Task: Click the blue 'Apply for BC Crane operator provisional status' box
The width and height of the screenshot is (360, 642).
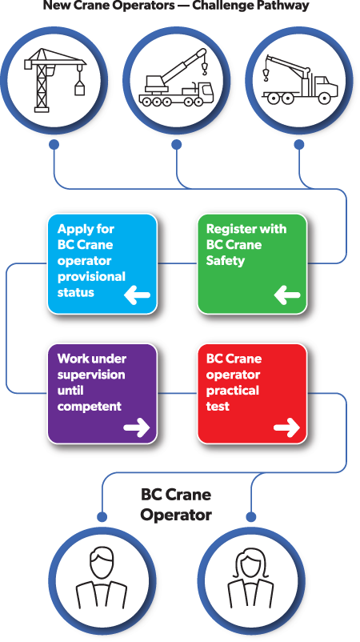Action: [x=102, y=263]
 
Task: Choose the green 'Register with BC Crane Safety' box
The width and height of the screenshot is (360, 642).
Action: [x=252, y=263]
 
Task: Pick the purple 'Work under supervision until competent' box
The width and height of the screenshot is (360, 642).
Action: [x=102, y=393]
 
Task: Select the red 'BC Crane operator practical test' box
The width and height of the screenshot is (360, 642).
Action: [x=252, y=393]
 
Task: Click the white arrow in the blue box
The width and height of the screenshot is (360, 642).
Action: [x=137, y=297]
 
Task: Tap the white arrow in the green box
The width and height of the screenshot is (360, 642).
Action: [x=286, y=297]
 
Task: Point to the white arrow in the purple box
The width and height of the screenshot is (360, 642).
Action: [x=137, y=428]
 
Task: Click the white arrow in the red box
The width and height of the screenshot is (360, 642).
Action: [x=286, y=428]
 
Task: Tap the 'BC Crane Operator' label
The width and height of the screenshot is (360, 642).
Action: [x=176, y=504]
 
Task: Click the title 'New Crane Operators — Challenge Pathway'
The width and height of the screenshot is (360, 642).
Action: [x=176, y=6]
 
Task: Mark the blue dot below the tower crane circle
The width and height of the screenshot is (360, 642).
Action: [x=54, y=145]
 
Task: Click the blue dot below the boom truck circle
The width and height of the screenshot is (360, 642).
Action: [x=298, y=145]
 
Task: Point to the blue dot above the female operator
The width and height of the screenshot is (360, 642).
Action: [x=252, y=516]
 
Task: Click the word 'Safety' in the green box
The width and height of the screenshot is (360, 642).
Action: [x=226, y=260]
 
